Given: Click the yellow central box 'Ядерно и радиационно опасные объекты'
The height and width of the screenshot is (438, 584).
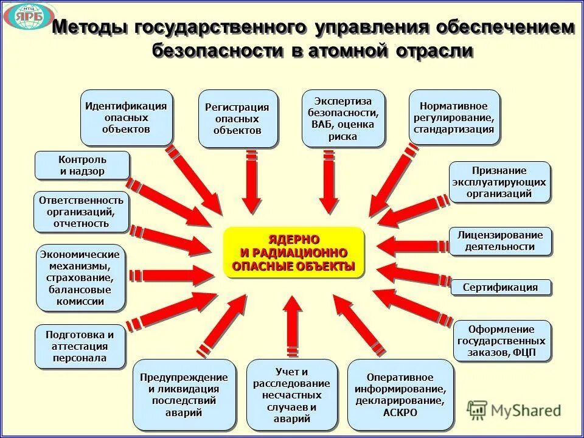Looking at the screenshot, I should [x=293, y=252].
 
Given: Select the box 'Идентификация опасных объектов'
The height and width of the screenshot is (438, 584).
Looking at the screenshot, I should [x=126, y=117].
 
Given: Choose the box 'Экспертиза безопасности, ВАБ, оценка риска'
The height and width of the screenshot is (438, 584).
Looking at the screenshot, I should [x=343, y=119].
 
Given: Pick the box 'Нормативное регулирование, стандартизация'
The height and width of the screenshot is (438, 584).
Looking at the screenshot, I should [x=454, y=117].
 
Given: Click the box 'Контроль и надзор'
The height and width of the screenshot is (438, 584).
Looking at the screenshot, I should [x=82, y=165].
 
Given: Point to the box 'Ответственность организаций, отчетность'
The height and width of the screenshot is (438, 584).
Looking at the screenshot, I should [x=82, y=212].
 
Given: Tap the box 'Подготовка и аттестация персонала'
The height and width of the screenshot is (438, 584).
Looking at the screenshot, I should [x=80, y=346].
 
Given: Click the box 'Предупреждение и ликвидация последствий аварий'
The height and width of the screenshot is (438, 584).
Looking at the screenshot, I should [x=184, y=395].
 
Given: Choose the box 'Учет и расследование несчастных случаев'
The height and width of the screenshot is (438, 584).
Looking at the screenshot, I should [x=292, y=395].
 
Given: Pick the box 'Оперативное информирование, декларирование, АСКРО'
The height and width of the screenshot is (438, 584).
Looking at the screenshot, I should [x=400, y=395].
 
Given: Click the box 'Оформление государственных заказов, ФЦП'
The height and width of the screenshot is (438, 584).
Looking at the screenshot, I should [x=502, y=341].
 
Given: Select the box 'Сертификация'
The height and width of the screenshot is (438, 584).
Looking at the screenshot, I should [x=501, y=287].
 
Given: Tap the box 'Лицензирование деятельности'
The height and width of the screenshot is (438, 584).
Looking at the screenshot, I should [x=500, y=241].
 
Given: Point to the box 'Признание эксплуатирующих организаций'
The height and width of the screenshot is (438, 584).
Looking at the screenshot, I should [x=499, y=182].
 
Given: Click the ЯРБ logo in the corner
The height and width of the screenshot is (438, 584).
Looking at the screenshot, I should [x=29, y=16].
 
